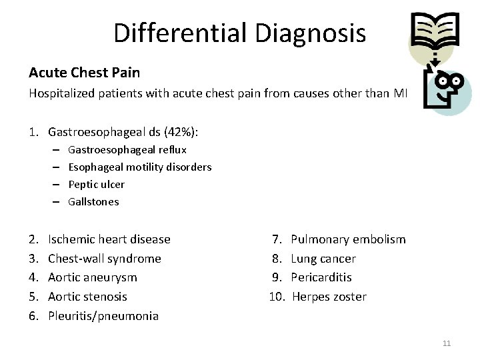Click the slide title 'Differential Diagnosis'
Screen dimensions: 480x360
tap(239, 33)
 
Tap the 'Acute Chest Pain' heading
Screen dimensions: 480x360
tap(84, 71)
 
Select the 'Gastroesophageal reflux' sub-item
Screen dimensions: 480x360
tap(127, 149)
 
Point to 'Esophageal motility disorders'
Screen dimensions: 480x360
tap(140, 167)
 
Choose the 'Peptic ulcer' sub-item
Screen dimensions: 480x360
tap(97, 184)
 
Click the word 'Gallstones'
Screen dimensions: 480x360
tap(93, 201)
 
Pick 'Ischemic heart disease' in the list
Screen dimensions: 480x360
tap(109, 239)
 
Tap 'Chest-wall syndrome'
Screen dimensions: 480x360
tap(105, 259)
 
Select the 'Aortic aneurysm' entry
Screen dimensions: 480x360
tap(93, 277)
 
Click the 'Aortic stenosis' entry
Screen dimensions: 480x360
tap(87, 297)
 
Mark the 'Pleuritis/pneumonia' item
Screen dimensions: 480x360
tap(103, 316)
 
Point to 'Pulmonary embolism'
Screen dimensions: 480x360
tap(348, 239)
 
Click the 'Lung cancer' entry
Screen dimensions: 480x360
tap(323, 259)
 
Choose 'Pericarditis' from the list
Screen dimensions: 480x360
tap(321, 277)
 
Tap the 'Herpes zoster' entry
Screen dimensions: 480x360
tap(329, 297)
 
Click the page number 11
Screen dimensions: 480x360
tap(447, 343)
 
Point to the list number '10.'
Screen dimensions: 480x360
tap(277, 297)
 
